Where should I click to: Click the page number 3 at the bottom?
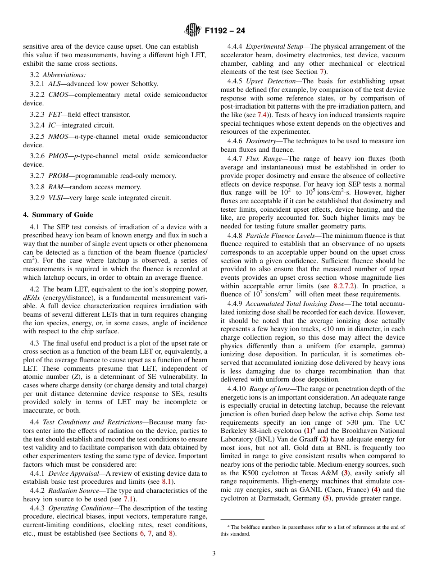coord(214,553)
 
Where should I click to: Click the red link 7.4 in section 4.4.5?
coord(263,115)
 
